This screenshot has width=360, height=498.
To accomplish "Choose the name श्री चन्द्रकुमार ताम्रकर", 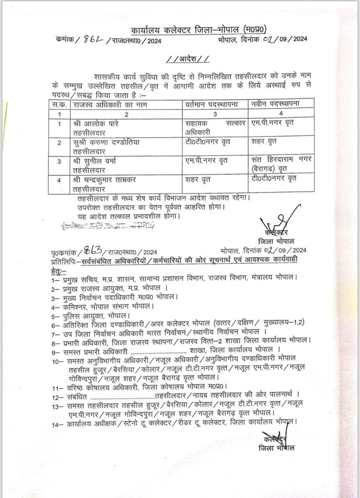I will [107, 179].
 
